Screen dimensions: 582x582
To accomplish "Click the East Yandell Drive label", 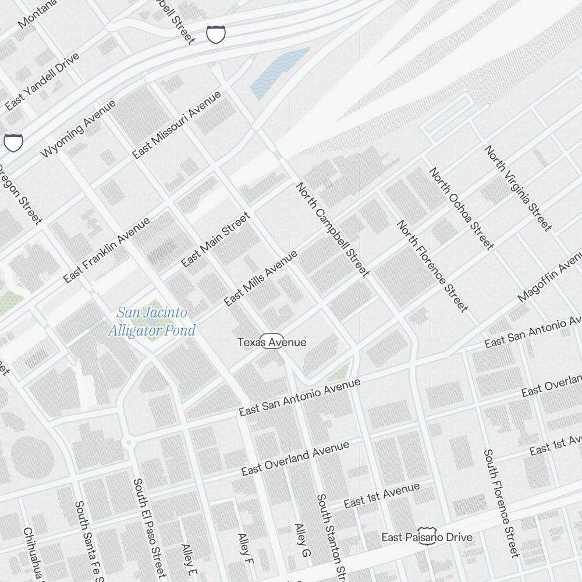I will click(x=42, y=81).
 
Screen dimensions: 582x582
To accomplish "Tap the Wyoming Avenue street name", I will click(x=79, y=129).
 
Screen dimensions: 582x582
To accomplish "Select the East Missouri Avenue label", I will click(x=177, y=125).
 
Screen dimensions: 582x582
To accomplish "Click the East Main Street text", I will click(x=215, y=240).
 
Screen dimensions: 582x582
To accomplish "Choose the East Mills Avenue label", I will click(x=260, y=278).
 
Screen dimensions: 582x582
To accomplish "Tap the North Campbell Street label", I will click(x=332, y=229).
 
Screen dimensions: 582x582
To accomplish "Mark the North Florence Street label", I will click(x=432, y=265).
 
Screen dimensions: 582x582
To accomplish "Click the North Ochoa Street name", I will click(x=462, y=208).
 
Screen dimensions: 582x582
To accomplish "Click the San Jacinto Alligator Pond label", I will click(x=152, y=322).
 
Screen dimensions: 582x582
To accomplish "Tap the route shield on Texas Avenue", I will click(x=272, y=342).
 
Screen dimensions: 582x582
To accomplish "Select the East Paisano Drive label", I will click(x=427, y=537).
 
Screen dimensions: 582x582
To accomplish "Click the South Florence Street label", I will click(x=501, y=503).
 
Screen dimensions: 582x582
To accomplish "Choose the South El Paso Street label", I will click(x=149, y=527).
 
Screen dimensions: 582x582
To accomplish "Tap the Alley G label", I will click(x=301, y=541).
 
